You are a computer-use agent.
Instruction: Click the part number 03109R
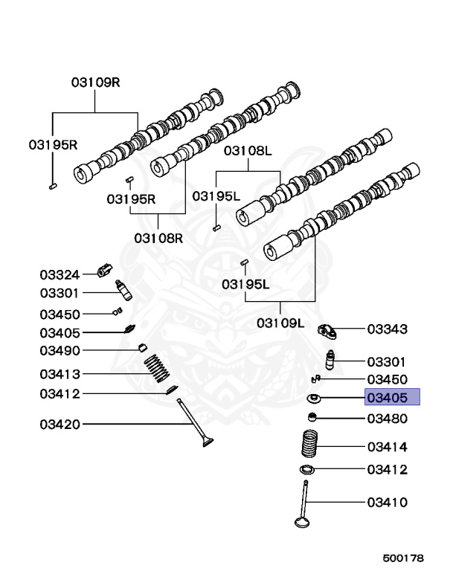pyautogui.click(x=95, y=83)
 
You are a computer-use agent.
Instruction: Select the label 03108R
pyautogui.click(x=158, y=238)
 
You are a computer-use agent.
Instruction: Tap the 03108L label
pyautogui.click(x=248, y=151)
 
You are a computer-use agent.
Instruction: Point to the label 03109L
pyautogui.click(x=280, y=323)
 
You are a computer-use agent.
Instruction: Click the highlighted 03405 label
pyautogui.click(x=391, y=397)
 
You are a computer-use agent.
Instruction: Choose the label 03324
pyautogui.click(x=60, y=274)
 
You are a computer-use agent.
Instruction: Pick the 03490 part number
pyautogui.click(x=60, y=350)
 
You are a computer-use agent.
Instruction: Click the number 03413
pyautogui.click(x=60, y=373)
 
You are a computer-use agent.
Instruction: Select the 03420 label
pyautogui.click(x=60, y=425)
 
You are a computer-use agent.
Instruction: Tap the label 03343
pyautogui.click(x=387, y=328)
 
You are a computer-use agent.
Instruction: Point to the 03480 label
pyautogui.click(x=387, y=419)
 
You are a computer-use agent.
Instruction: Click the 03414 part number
pyautogui.click(x=387, y=447)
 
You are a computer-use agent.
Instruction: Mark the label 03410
pyautogui.click(x=387, y=502)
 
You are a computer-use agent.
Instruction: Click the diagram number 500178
pyautogui.click(x=403, y=557)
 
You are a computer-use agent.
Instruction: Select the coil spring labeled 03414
pyautogui.click(x=310, y=444)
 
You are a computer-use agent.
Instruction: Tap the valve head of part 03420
pyautogui.click(x=208, y=444)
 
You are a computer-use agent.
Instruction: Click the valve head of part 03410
pyautogui.click(x=301, y=520)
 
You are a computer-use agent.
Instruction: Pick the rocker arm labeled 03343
pyautogui.click(x=329, y=329)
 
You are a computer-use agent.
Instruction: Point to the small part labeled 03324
pyautogui.click(x=105, y=268)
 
